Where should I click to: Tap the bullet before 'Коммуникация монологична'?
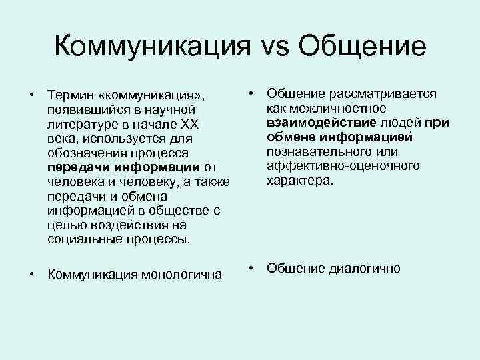31,273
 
